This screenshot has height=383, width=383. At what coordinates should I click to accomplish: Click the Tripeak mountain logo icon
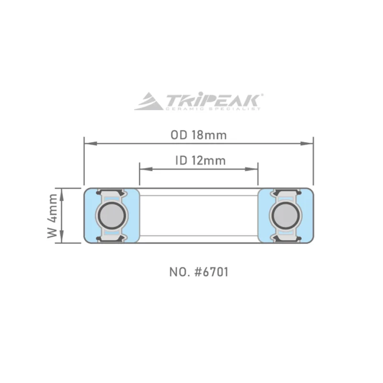click(148, 102)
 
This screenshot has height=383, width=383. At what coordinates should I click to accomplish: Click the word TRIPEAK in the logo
click(213, 100)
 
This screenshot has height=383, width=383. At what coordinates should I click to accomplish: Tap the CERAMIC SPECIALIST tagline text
click(213, 109)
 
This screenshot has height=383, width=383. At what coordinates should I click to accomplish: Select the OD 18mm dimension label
click(198, 135)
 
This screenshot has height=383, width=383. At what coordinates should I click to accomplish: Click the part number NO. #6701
click(198, 273)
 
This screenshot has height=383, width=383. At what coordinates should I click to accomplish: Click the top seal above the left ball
click(112, 193)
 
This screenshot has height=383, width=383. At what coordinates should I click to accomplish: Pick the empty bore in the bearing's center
click(199, 215)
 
